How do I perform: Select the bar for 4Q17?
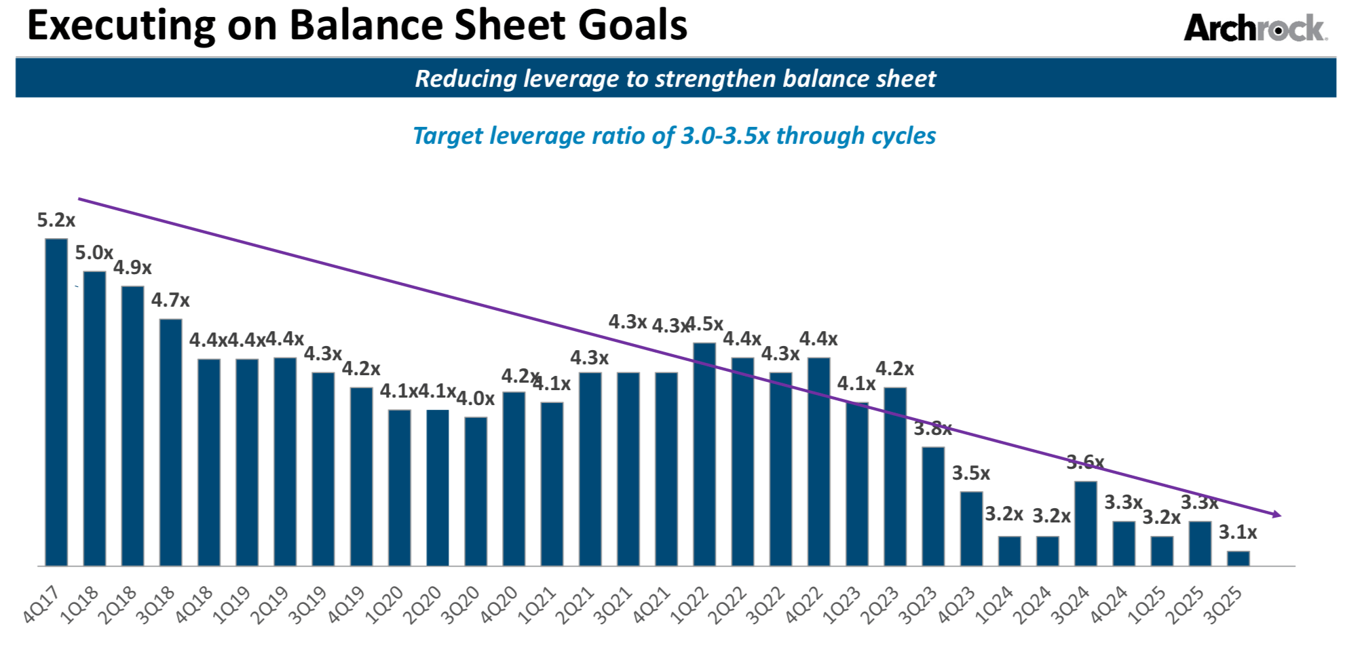(x=56, y=402)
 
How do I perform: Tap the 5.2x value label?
(x=56, y=221)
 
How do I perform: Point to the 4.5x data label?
(x=705, y=324)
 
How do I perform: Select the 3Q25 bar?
(x=1238, y=558)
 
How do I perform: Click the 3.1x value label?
(x=1238, y=533)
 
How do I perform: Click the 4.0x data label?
(x=475, y=399)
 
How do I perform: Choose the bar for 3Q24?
(x=1086, y=523)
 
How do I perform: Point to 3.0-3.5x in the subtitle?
(x=725, y=136)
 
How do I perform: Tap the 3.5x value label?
(x=971, y=474)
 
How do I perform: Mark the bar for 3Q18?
(x=171, y=442)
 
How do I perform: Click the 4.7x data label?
(x=170, y=300)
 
